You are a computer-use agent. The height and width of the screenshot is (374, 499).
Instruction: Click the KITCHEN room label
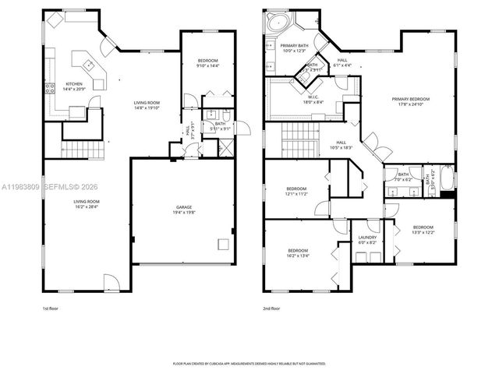tap(74, 84)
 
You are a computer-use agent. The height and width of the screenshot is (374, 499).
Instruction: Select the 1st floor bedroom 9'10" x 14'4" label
tap(207, 66)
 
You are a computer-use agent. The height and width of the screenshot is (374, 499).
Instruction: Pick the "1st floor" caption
tap(51, 309)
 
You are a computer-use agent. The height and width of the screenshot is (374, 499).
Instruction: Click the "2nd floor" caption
tap(271, 309)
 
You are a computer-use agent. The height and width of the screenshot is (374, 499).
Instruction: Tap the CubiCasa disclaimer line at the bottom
tap(249, 363)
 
